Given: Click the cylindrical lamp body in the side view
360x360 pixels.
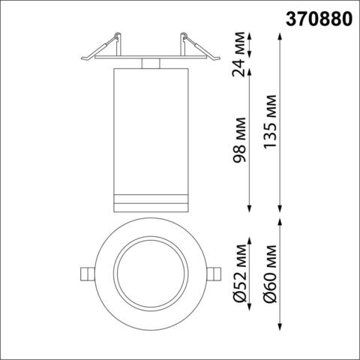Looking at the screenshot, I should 150,127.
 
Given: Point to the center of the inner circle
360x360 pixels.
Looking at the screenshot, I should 150,272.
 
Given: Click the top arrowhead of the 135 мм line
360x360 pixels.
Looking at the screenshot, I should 280,33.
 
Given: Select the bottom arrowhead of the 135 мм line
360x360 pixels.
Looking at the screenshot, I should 280,211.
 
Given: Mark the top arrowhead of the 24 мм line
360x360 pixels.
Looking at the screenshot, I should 250,33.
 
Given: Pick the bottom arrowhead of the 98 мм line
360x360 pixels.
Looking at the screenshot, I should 250,211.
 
